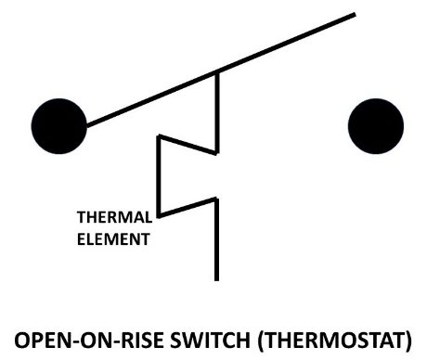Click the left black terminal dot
pyautogui.click(x=58, y=123)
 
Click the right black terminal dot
pyautogui.click(x=376, y=123)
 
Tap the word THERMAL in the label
pyautogui.click(x=113, y=220)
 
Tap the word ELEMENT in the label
pyautogui.click(x=113, y=238)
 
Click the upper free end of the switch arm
pyautogui.click(x=355, y=14)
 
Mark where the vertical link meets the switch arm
pyautogui.click(x=216, y=71)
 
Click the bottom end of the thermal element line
pyautogui.click(x=216, y=278)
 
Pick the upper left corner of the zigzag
pyautogui.click(x=159, y=136)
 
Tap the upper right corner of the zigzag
pyautogui.click(x=216, y=152)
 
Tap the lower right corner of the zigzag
pyautogui.click(x=216, y=198)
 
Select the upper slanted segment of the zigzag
pyautogui.click(x=188, y=145)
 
